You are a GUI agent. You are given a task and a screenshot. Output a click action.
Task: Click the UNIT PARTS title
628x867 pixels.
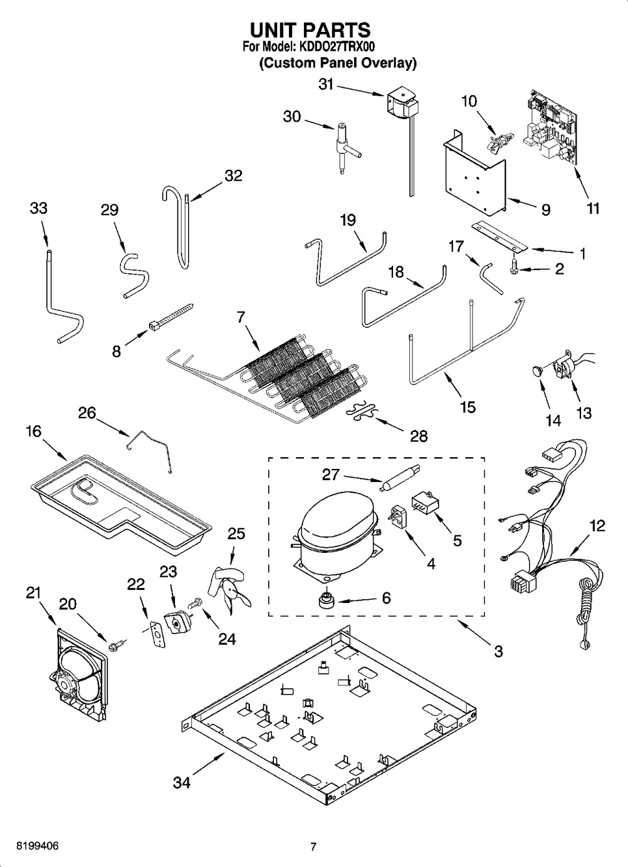[310, 30]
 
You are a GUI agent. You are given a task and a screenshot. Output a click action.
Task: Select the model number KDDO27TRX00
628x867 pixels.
[336, 47]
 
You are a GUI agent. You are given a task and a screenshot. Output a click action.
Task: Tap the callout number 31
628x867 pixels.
[325, 84]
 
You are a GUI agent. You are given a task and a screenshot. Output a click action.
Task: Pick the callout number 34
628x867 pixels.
[182, 782]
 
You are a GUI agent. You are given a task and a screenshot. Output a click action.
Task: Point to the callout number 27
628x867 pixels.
[331, 475]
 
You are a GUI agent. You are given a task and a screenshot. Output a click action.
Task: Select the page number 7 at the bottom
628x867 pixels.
[313, 847]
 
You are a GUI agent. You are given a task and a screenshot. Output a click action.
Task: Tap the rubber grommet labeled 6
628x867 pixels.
[325, 598]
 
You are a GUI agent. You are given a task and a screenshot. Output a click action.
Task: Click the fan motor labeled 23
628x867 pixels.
[176, 622]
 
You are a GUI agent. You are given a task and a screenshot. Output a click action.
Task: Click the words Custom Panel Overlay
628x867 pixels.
[338, 63]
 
